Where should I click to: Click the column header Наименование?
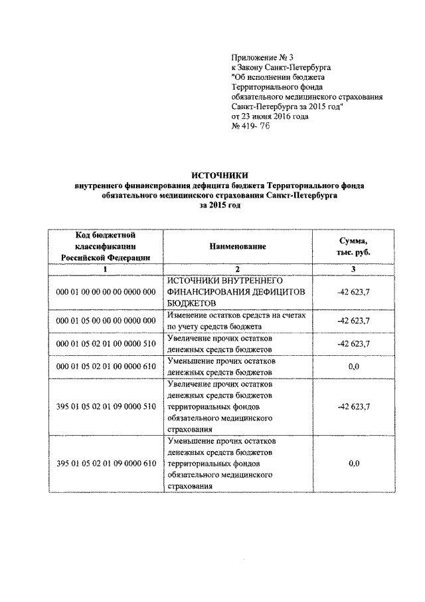click(238, 246)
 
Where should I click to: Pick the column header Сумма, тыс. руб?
click(353, 246)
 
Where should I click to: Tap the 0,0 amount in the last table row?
click(353, 463)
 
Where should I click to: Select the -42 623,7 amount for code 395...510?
click(353, 406)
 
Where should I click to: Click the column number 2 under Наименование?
click(238, 269)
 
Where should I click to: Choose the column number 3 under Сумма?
click(353, 269)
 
